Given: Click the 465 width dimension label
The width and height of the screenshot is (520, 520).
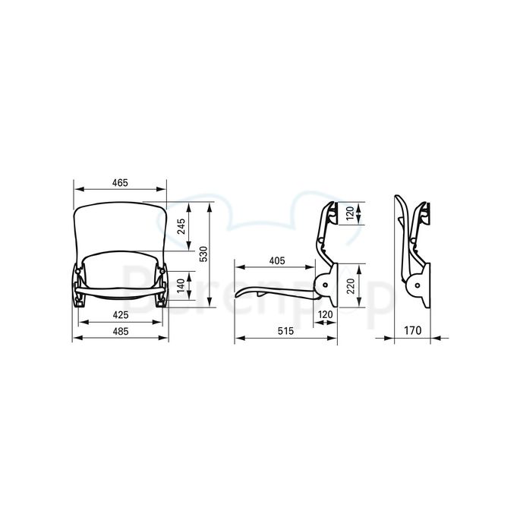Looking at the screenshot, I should (x=118, y=182).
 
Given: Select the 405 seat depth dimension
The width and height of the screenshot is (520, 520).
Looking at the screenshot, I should (x=276, y=260).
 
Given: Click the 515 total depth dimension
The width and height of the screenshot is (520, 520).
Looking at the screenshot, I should (x=285, y=330).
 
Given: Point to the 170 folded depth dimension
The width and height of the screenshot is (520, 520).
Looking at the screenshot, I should (x=412, y=330).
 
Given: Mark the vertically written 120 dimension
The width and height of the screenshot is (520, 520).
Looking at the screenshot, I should (x=349, y=215).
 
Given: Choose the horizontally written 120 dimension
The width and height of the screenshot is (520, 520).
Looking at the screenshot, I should (x=326, y=314).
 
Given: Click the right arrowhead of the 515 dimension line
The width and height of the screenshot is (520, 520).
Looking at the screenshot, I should (x=335, y=338).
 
